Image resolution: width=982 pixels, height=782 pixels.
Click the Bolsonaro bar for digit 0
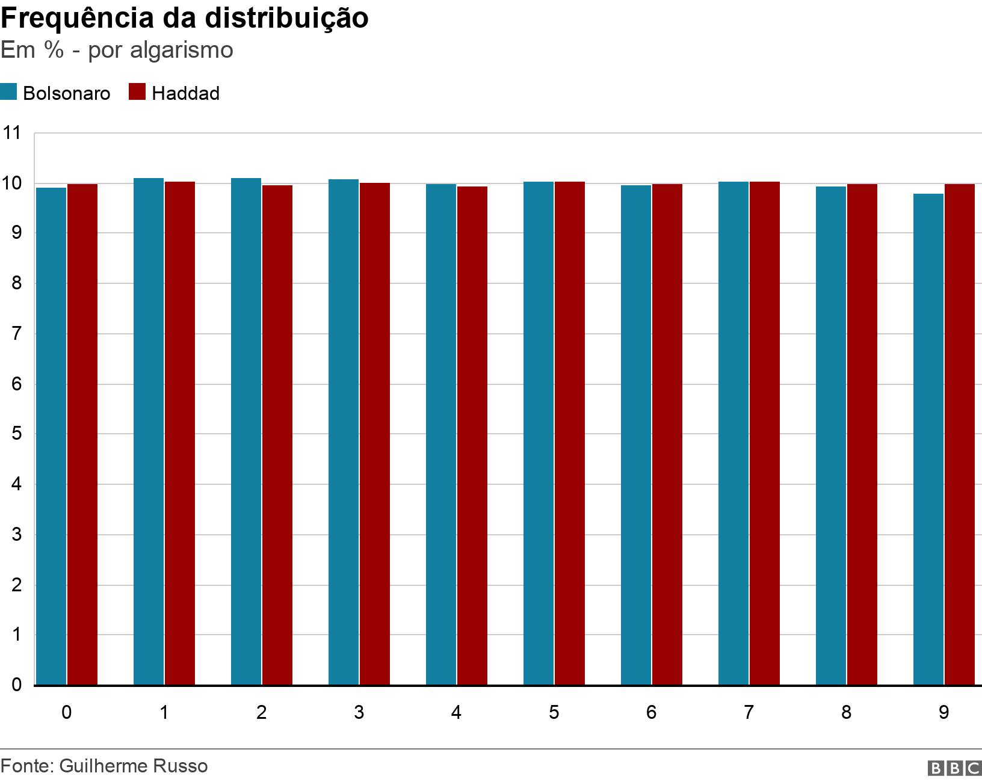[51, 436]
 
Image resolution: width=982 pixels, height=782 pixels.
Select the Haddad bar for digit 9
[960, 434]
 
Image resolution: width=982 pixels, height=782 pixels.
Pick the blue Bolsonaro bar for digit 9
[928, 439]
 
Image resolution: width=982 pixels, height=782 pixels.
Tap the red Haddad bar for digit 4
[472, 436]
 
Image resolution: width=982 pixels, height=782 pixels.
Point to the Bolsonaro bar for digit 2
[246, 431]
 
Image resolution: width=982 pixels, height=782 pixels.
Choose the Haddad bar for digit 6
[667, 434]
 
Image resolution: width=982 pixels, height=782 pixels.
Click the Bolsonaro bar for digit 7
[733, 433]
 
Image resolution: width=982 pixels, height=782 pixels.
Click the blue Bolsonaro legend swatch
[8, 92]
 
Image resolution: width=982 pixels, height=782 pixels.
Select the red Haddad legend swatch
[137, 92]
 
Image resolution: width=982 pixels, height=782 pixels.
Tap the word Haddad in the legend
[185, 93]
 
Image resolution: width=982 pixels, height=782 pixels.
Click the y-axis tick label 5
[16, 434]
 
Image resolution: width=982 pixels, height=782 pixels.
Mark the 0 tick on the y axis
[16, 685]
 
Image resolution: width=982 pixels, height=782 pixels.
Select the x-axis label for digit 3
[359, 712]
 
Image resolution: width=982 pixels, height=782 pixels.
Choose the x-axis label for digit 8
[846, 712]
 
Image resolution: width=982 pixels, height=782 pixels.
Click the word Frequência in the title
[77, 18]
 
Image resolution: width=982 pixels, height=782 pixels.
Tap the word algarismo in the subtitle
[181, 50]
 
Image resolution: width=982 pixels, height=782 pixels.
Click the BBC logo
[955, 768]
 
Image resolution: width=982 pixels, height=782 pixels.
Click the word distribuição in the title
[286, 18]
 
